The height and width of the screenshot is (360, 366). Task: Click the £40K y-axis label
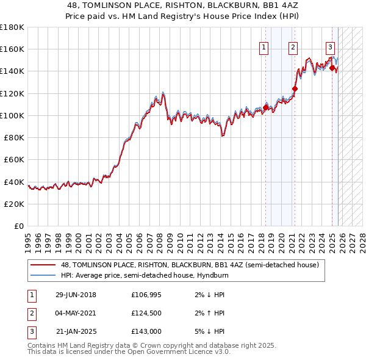click(x=14, y=182)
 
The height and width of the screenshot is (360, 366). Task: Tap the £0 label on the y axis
click(x=18, y=226)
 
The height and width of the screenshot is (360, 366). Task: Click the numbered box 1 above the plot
click(x=264, y=48)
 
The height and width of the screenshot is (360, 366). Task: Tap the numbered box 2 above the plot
click(x=293, y=48)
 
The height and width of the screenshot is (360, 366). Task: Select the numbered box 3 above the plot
click(x=330, y=48)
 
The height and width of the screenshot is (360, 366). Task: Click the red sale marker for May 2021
click(x=295, y=88)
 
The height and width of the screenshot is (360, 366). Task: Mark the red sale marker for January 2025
click(x=332, y=68)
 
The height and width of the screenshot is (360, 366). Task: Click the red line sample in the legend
click(x=43, y=265)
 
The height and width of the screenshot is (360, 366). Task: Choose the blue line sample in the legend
click(x=43, y=275)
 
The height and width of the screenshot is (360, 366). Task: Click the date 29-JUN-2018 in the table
click(x=76, y=295)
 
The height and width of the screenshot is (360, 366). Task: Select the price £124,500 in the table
click(x=146, y=313)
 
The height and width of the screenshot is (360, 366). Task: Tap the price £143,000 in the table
click(x=146, y=331)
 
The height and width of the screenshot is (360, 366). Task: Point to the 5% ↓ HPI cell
click(x=207, y=331)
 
